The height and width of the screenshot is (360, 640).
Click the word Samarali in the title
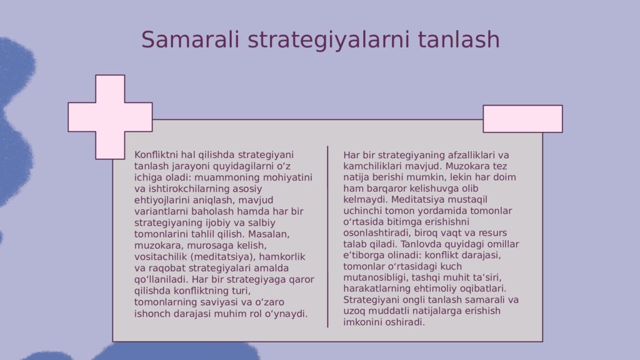point(190,39)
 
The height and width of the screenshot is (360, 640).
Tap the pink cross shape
point(110,117)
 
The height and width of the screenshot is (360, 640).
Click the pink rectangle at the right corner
point(522,119)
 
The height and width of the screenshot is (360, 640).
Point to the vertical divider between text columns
point(327,237)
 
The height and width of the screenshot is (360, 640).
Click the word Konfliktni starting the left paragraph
point(156,155)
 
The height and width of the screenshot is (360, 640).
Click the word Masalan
point(269,234)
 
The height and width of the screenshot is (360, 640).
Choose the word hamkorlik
point(282,257)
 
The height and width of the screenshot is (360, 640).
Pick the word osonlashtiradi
point(376,233)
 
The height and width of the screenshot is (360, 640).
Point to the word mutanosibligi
point(376,278)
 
